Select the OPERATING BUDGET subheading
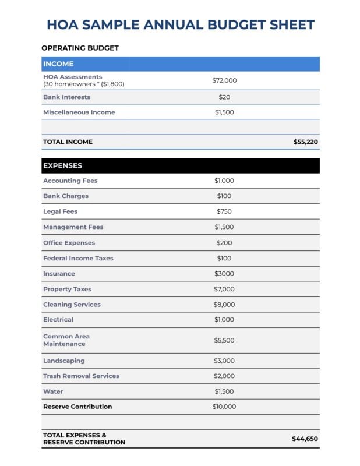(x=80, y=48)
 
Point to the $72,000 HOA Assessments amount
(x=224, y=80)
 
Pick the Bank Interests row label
(x=66, y=97)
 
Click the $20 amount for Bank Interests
(x=224, y=97)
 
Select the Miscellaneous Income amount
(x=224, y=112)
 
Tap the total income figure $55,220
(x=305, y=142)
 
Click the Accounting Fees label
(x=70, y=181)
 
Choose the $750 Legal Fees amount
(x=224, y=211)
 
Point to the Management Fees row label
(x=73, y=227)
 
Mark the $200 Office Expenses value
(x=224, y=242)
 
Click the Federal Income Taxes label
(x=78, y=258)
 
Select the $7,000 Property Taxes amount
(x=224, y=289)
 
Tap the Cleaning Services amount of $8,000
(x=224, y=304)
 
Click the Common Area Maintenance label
(x=66, y=340)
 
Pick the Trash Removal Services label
(x=81, y=376)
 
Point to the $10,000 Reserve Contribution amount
(x=224, y=407)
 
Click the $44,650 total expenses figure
(x=305, y=439)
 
